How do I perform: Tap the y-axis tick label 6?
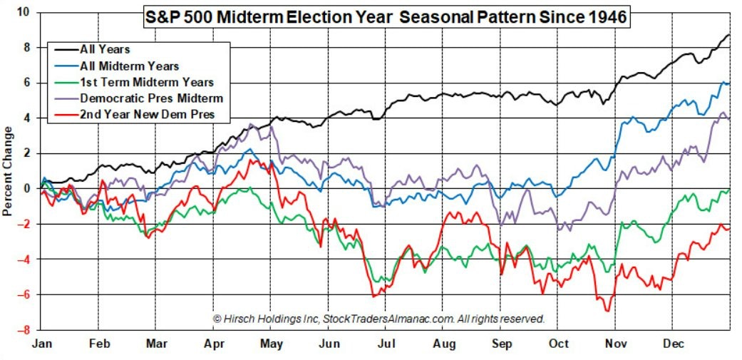26,83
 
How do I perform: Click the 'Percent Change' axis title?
8,171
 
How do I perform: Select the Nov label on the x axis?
616,344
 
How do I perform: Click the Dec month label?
673,344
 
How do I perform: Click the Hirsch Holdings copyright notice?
378,318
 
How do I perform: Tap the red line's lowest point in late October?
607,310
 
